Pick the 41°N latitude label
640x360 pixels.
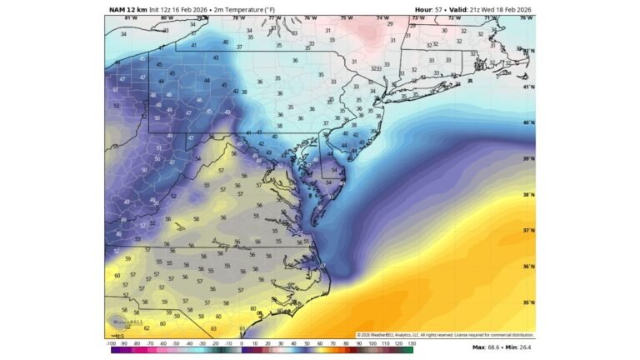pyautogui.click(x=527, y=87)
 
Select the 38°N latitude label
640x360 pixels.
pyautogui.click(x=527, y=194)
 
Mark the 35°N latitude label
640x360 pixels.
pyautogui.click(x=527, y=303)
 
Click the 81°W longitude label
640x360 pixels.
pyautogui.click(x=130, y=17)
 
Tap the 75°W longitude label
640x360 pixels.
pyautogui.click(x=346, y=17)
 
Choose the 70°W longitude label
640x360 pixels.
pyautogui.click(x=525, y=17)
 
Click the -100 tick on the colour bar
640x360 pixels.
pyautogui.click(x=111, y=343)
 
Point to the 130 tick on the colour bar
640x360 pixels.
pyautogui.click(x=411, y=343)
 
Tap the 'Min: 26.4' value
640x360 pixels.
pyautogui.click(x=520, y=347)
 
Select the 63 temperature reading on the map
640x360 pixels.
pyautogui.click(x=214, y=329)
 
